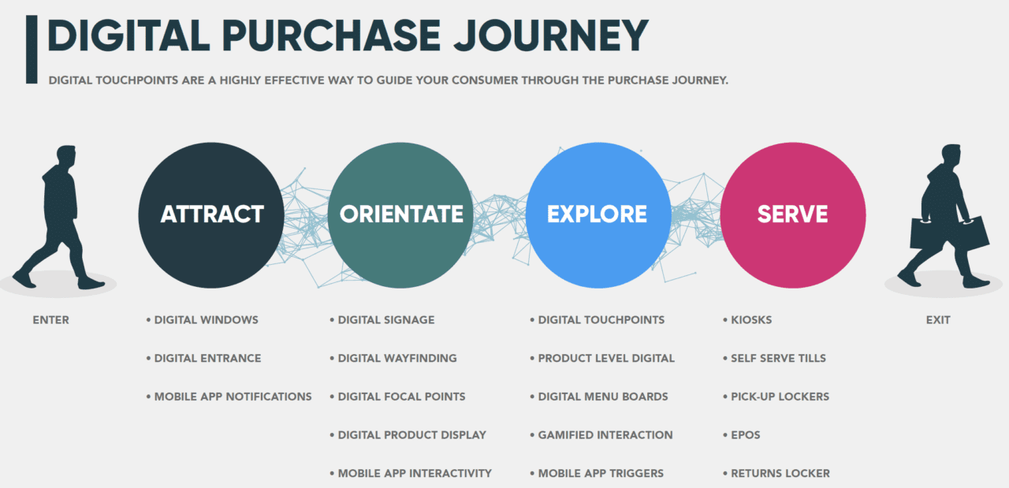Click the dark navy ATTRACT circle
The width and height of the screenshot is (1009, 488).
pos(211,214)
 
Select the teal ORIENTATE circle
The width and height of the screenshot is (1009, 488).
pos(401,214)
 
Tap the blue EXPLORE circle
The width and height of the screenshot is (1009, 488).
pos(597,214)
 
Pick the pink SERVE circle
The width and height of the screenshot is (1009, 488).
pos(792,214)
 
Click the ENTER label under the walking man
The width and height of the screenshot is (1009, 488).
pos(51,320)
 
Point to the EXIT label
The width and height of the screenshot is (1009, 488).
pos(938,320)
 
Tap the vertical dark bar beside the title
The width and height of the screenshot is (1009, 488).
pos(32,49)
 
